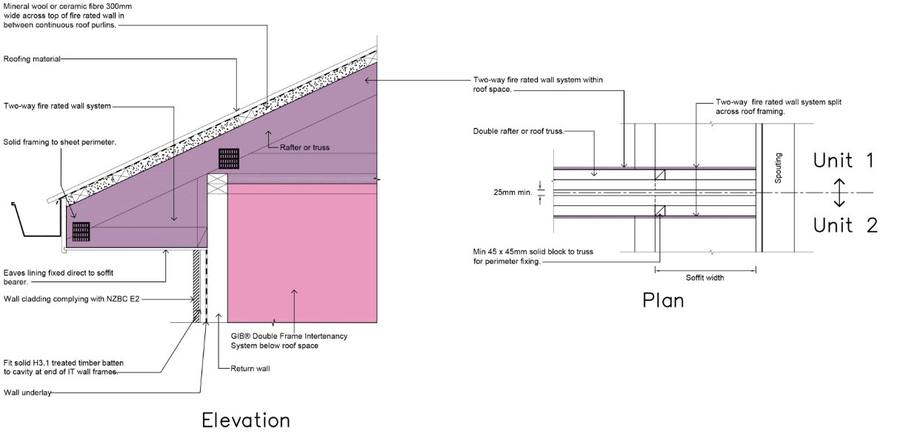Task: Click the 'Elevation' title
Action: click(x=246, y=421)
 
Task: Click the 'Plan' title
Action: click(x=663, y=301)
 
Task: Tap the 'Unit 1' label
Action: click(x=844, y=160)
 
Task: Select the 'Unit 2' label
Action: click(x=845, y=225)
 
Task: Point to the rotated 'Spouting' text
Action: click(x=779, y=168)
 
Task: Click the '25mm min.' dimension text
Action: click(x=513, y=193)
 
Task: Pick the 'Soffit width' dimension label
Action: click(x=704, y=278)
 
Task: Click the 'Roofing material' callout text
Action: click(x=32, y=59)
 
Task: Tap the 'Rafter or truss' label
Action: click(x=304, y=147)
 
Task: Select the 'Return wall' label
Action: click(x=250, y=368)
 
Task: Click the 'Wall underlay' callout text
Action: click(x=27, y=393)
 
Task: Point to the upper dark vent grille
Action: click(x=229, y=159)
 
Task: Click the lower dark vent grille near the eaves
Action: click(x=81, y=232)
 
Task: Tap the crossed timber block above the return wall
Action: click(x=217, y=184)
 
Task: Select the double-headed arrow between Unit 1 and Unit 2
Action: click(x=839, y=193)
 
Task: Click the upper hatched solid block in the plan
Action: click(x=660, y=175)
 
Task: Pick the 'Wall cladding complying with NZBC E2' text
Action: click(x=72, y=298)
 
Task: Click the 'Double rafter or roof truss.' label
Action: click(x=519, y=131)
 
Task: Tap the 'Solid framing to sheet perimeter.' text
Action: click(x=60, y=142)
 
